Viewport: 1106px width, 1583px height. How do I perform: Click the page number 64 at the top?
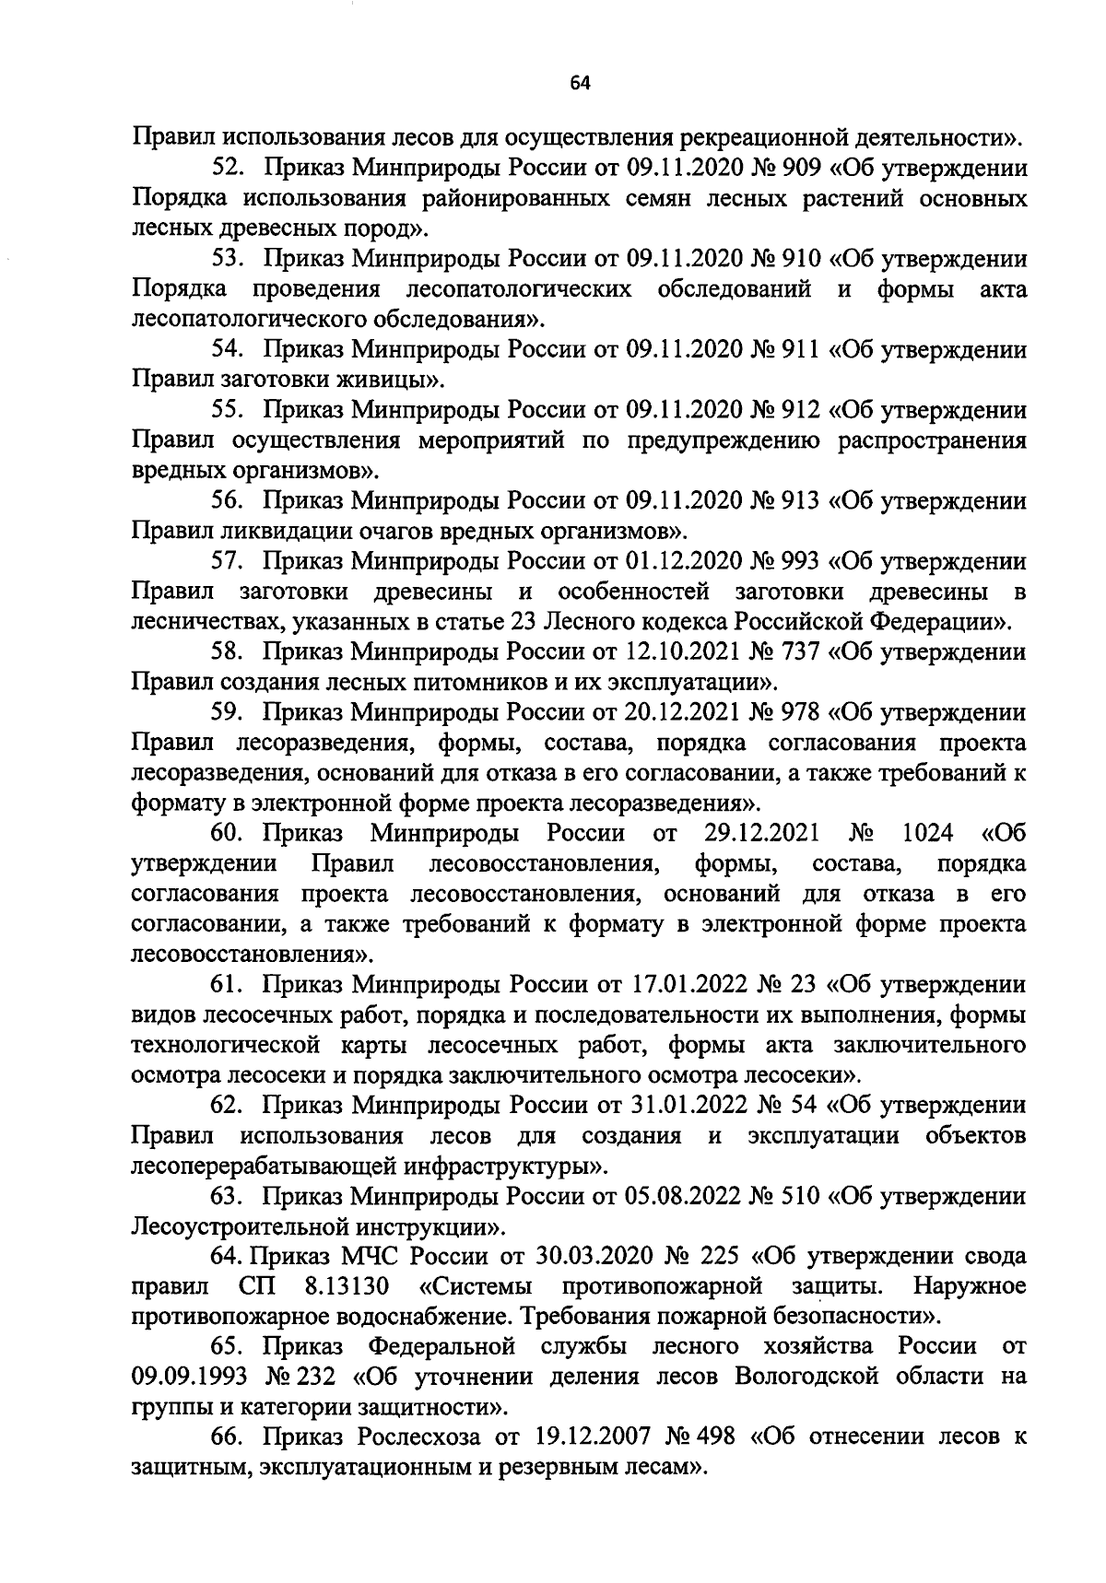[x=580, y=84]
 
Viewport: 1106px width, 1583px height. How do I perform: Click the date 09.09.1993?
[x=187, y=1378]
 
